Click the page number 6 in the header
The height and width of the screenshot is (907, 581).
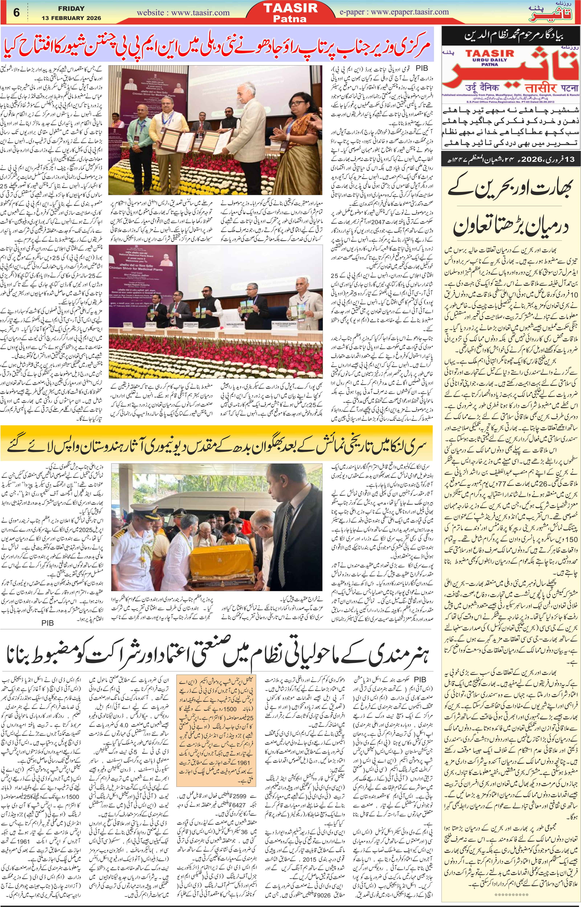click(17, 13)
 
